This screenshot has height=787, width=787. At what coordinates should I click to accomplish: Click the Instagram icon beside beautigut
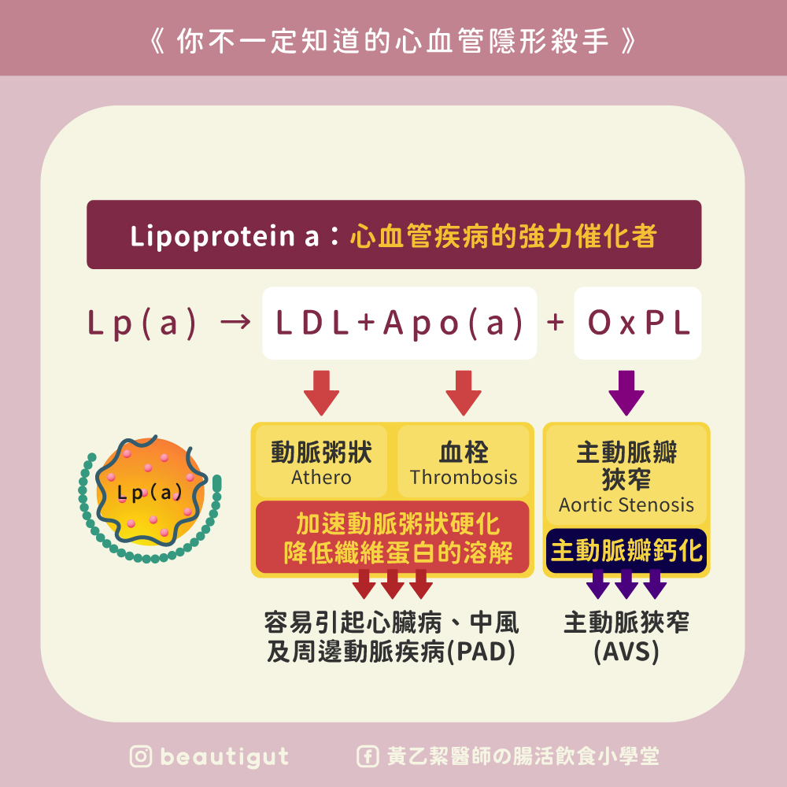(x=142, y=757)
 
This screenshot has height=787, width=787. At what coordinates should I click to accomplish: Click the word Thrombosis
(x=464, y=478)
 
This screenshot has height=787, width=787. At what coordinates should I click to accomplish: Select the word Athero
(x=321, y=478)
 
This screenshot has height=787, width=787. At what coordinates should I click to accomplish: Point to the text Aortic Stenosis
(x=626, y=504)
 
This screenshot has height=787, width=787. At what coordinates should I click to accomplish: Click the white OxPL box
(x=637, y=323)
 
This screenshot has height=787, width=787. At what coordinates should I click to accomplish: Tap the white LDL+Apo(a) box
(x=400, y=323)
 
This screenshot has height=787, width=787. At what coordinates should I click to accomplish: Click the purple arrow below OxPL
(x=626, y=391)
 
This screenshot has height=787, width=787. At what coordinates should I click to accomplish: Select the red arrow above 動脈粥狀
(x=321, y=391)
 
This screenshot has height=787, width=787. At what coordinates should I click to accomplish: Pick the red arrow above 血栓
(x=464, y=391)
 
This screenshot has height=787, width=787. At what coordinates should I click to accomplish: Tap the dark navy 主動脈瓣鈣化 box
(x=626, y=550)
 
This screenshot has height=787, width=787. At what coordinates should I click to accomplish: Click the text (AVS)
(x=626, y=652)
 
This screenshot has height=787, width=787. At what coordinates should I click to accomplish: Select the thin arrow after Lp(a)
(x=232, y=323)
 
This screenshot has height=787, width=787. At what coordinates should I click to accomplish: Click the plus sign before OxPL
(x=556, y=323)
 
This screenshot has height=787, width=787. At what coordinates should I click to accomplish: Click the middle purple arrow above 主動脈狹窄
(x=626, y=583)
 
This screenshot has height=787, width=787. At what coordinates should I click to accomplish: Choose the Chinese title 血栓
(x=464, y=452)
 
